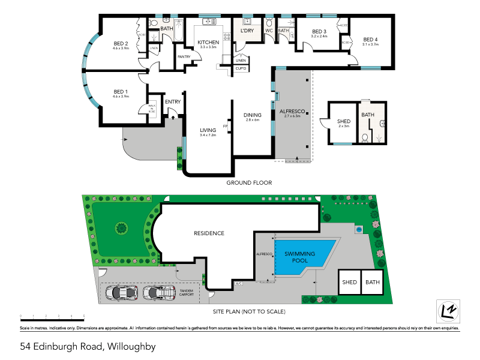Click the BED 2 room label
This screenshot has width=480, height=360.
coord(121,43)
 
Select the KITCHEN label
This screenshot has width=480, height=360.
coord(208,42)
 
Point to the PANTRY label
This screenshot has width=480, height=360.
coord(184,57)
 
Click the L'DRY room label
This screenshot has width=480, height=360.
coord(247,31)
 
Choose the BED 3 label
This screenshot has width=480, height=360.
coord(319,32)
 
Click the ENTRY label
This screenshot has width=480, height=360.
coord(173,102)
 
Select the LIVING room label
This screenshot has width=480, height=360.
coord(208,130)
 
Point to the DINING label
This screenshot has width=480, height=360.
coord(251,115)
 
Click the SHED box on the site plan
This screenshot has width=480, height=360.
coord(349,282)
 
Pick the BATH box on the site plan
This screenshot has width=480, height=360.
coord(373,282)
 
